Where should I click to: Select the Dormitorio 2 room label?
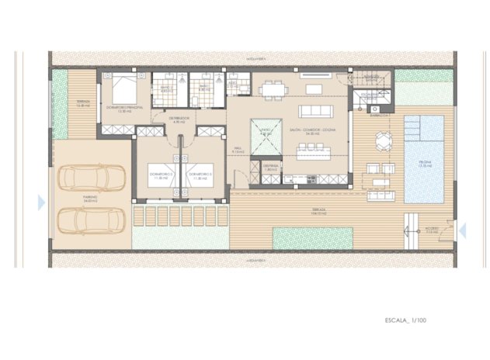point(161,175)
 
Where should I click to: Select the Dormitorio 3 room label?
point(201,175)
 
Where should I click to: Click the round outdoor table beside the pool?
point(384,140)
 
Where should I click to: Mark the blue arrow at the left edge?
point(40,202)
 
